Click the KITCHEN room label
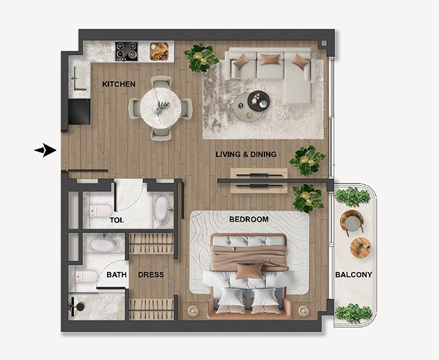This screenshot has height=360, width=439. (119, 84)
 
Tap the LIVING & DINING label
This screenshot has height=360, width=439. (246, 155)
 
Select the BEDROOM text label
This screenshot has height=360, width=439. (249, 219)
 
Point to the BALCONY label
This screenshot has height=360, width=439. (354, 275)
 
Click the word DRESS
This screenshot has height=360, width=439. (151, 275)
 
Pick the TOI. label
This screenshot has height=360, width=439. (117, 220)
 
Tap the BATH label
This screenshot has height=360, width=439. (117, 275)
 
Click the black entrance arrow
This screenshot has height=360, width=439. (45, 150)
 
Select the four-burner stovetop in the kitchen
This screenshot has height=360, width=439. (127, 51)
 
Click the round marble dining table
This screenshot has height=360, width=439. (161, 108)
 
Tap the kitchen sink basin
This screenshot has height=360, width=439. (80, 78)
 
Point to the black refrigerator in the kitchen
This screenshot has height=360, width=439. (79, 111)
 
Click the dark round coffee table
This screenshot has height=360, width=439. (259, 101)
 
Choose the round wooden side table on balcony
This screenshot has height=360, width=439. (361, 248)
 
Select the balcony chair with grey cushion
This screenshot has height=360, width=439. (352, 222)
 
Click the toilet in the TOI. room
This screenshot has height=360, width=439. (100, 211)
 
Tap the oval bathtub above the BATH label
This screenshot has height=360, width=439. (104, 244)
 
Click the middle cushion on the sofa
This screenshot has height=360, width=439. (270, 59)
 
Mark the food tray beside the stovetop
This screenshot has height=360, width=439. (159, 51)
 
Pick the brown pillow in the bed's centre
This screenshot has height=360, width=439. (249, 271)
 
